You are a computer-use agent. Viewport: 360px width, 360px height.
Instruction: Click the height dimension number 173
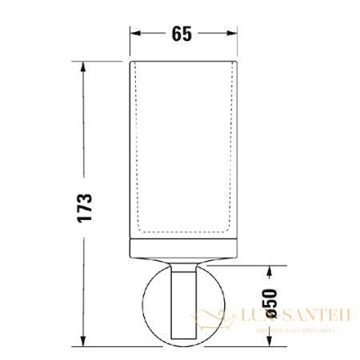86,207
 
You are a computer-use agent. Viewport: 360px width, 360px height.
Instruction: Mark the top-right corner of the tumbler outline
238,61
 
